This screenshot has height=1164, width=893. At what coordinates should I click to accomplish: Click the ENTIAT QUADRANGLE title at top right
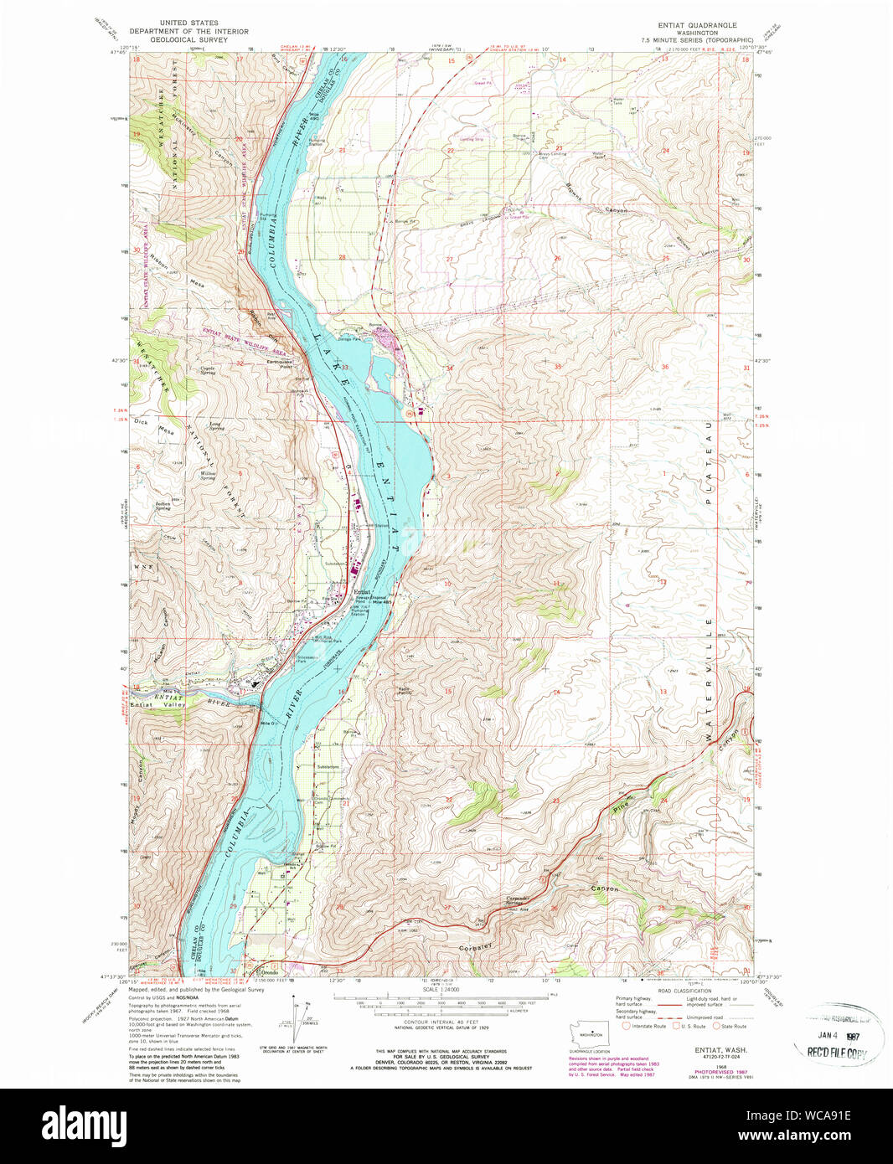(697, 25)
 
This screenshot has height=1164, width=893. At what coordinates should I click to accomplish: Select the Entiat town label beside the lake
(361, 591)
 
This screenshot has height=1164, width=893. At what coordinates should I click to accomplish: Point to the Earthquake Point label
(280, 363)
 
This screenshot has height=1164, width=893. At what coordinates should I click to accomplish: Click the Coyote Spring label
(207, 369)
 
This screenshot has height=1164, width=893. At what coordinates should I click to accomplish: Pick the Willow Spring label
(209, 476)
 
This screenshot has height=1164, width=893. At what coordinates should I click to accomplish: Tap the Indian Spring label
(163, 506)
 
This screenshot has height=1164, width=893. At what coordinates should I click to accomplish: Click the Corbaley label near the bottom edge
(475, 948)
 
